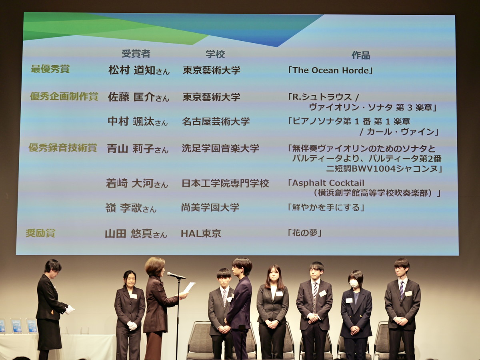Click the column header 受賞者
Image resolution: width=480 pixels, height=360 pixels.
[136, 54]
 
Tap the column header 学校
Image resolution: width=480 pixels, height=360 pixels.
[215, 54]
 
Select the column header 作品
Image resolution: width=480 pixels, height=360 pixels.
[361, 55]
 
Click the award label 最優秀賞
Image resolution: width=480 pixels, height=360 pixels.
[50, 69]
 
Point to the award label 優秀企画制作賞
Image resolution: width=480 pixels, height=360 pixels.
[64, 96]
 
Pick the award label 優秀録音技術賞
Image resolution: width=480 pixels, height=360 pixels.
[62, 148]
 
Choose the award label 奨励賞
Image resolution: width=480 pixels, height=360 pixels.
[40, 233]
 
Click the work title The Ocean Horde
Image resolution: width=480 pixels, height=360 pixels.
[331, 70]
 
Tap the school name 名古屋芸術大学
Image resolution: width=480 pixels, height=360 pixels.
[216, 121]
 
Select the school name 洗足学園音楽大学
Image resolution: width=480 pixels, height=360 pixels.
[220, 148]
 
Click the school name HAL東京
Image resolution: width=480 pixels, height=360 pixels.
[201, 234]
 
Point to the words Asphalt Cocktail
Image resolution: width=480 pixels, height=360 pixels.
[328, 183]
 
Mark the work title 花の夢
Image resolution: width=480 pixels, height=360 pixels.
[305, 233]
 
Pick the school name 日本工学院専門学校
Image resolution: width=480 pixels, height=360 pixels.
[225, 183]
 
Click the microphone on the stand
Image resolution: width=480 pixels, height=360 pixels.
[176, 276]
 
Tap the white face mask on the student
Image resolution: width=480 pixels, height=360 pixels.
[354, 284]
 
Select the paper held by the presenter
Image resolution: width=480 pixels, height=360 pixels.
[189, 288]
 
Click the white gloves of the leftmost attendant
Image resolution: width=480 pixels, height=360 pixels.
[70, 310]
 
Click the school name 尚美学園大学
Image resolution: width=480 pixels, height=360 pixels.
[210, 208]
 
